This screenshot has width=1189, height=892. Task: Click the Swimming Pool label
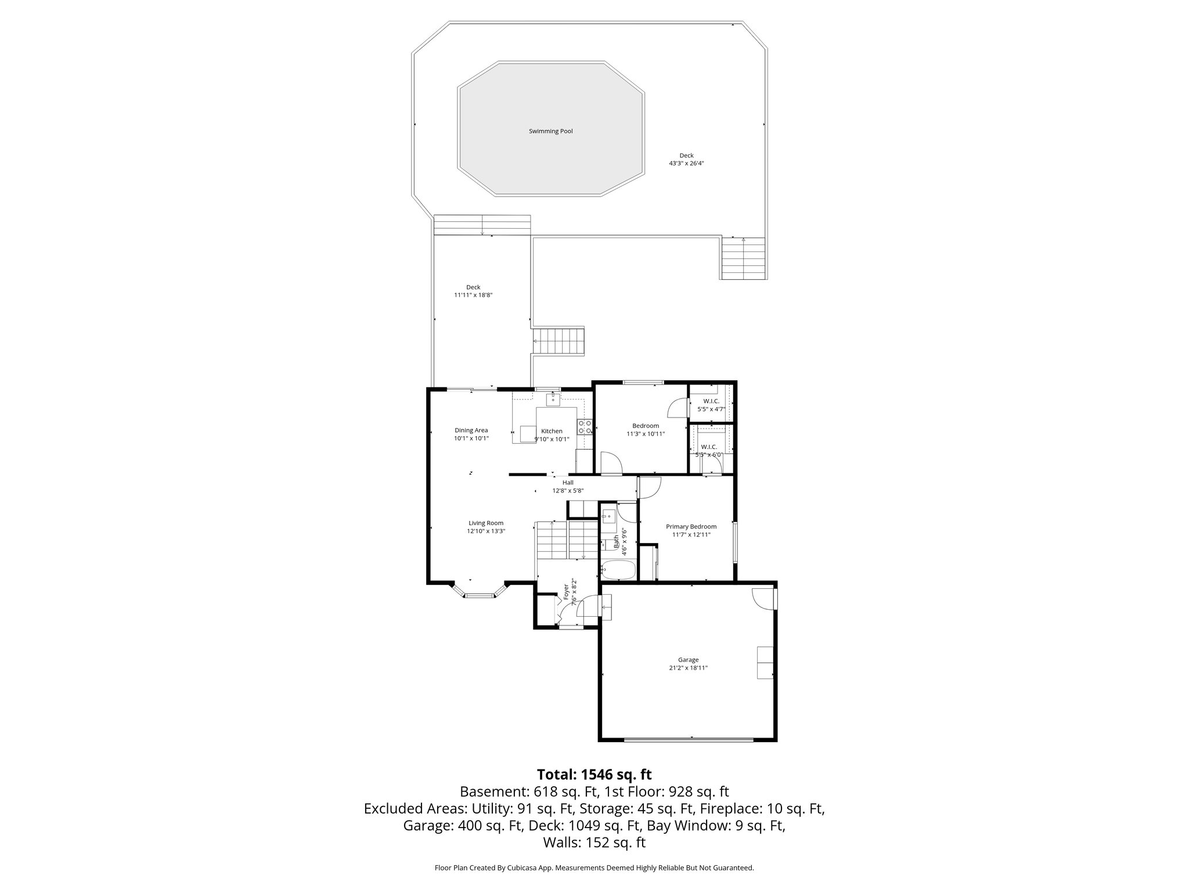coord(550,131)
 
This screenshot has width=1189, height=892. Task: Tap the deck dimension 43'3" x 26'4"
coord(686,164)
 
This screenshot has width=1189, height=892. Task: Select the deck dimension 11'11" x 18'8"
coord(473,295)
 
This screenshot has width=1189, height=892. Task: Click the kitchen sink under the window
coord(553,399)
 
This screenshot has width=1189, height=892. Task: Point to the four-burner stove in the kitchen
coord(585,427)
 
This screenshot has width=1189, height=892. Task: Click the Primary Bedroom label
coord(691,527)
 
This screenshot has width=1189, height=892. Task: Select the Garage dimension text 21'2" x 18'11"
coord(688,668)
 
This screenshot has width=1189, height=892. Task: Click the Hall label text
coord(568,483)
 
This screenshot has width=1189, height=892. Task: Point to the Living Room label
coord(486,523)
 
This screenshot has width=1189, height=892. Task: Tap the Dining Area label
coord(471,430)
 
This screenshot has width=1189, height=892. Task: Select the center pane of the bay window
coord(479,595)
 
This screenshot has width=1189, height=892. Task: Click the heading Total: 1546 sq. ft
coord(594,775)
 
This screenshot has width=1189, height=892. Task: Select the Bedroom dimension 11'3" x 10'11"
coord(645,434)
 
